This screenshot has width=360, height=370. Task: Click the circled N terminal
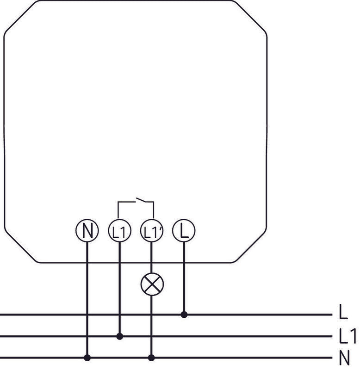click(87, 231)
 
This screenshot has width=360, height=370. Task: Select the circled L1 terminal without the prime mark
click(119, 231)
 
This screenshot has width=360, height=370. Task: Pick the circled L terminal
click(184, 231)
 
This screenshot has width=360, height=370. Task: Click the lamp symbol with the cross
click(152, 284)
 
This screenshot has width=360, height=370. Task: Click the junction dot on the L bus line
click(184, 314)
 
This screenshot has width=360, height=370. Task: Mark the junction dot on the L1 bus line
click(119, 336)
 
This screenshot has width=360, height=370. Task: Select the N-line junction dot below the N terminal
click(87, 358)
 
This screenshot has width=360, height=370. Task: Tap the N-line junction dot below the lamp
click(152, 358)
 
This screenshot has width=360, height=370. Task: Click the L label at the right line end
click(343, 314)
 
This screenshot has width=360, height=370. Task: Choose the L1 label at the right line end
click(348, 336)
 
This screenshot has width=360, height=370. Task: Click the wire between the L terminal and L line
click(184, 277)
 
